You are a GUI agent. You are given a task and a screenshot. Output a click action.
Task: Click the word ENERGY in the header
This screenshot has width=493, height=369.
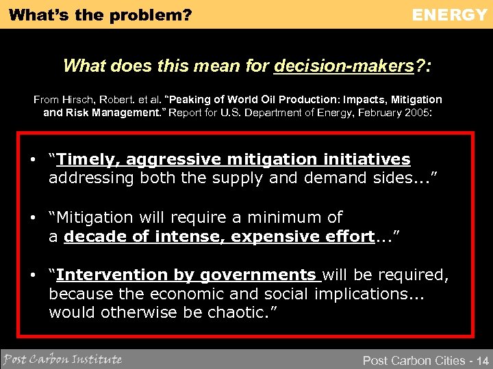point(449,14)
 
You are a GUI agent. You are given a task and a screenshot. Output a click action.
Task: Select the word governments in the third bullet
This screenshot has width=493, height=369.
point(254,275)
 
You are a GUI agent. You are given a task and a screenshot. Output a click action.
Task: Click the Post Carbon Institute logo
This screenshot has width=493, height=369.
point(62,359)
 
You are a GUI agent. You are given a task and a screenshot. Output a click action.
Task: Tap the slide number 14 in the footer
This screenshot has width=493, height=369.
point(481,360)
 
